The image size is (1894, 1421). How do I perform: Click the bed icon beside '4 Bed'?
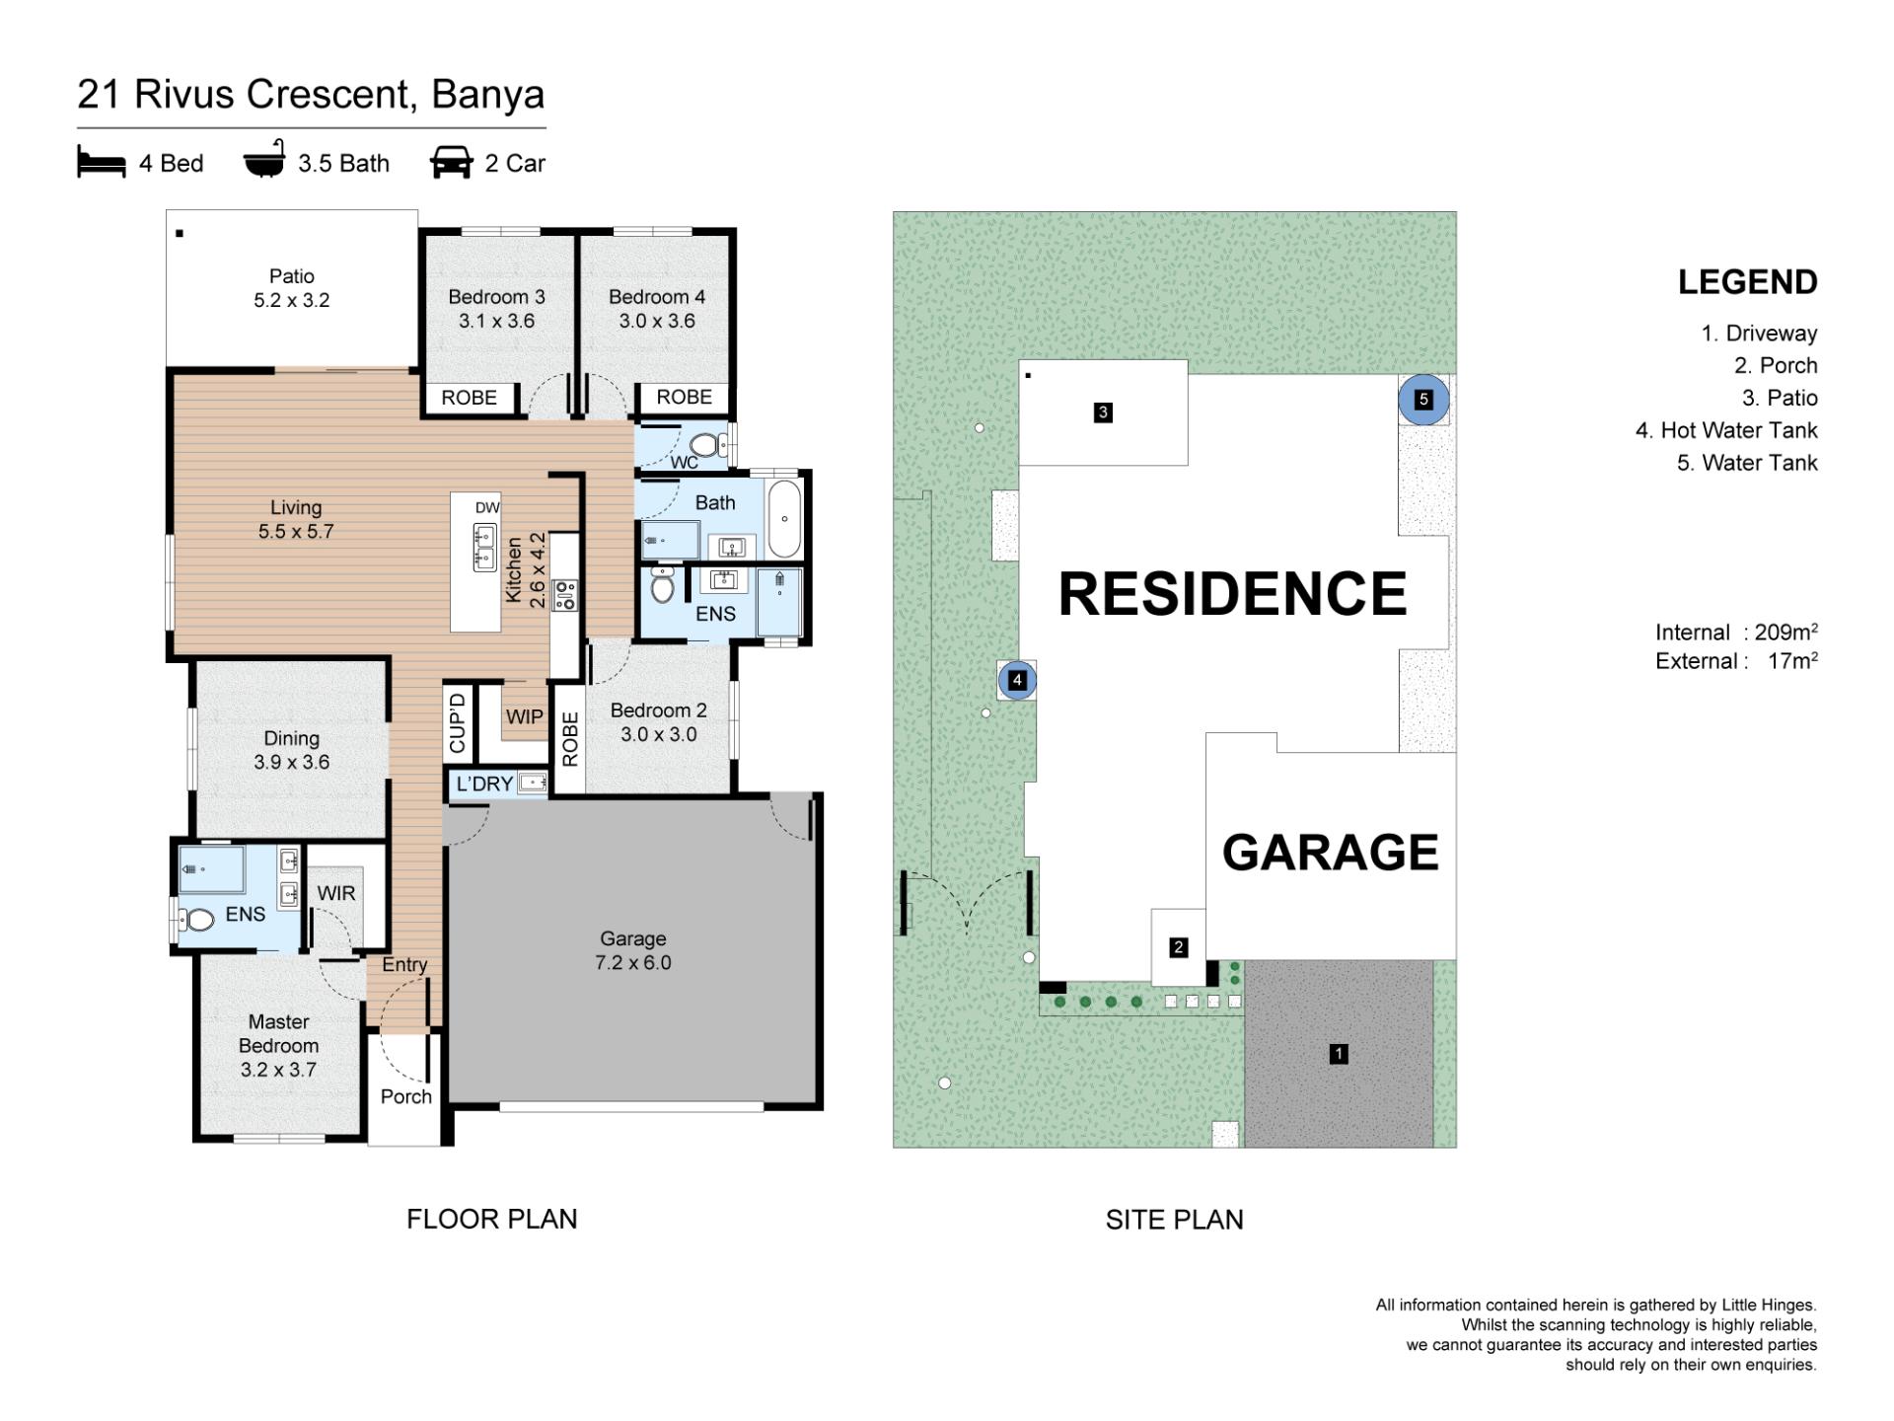pos(102,163)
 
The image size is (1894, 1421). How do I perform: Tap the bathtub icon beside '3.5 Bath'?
pos(264,159)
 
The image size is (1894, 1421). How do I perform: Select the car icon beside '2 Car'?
pos(451,163)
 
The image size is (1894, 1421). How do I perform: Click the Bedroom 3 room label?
pos(496,309)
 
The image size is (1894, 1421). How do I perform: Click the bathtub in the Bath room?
pos(785,519)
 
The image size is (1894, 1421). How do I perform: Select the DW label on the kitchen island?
pos(487,508)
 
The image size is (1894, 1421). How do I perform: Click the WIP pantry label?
pos(524,716)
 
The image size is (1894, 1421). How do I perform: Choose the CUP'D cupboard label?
pos(457,723)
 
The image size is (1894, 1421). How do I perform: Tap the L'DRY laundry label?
pos(484,784)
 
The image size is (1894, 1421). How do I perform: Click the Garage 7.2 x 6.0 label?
pos(632,950)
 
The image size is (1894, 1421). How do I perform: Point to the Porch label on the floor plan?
pos(406,1096)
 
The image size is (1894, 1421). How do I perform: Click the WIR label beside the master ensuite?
pos(335,893)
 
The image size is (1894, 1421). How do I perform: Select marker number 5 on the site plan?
pos(1423,400)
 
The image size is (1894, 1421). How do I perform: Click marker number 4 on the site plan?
pos(1017,680)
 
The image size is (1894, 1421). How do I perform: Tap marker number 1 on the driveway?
pos(1339,1054)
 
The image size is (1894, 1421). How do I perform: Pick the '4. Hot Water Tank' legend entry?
pos(1726,430)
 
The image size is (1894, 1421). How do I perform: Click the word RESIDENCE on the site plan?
pos(1232,593)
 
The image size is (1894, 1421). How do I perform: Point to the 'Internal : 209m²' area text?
pos(1736,633)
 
